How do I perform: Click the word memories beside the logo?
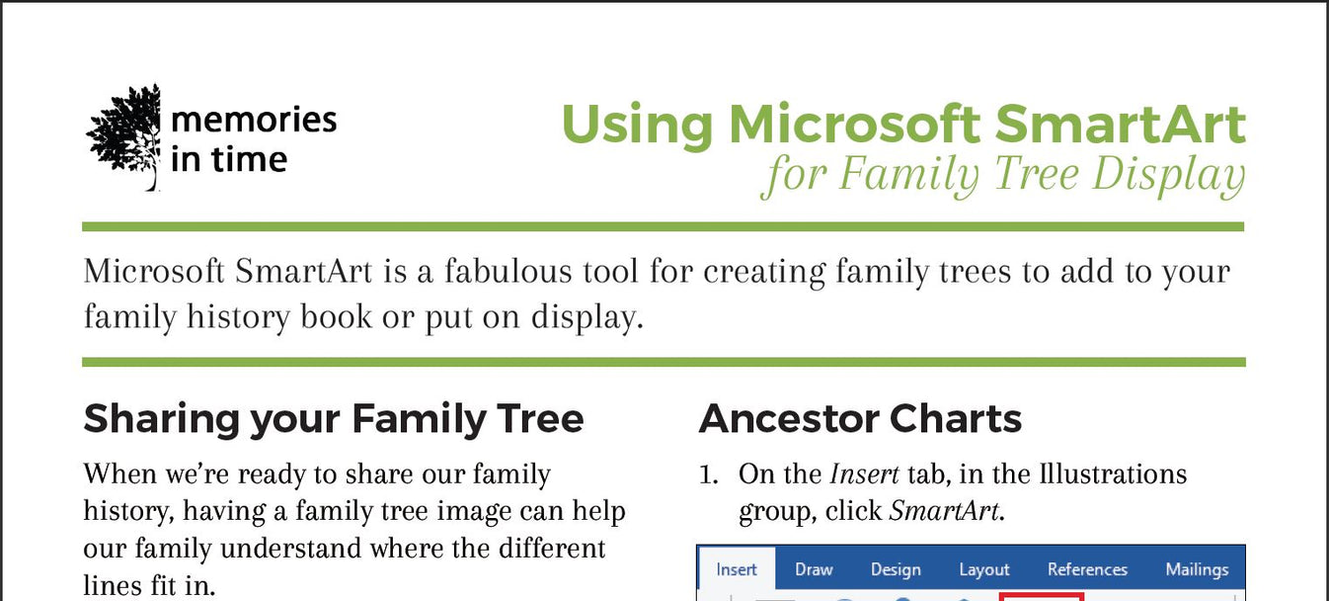[x=254, y=121]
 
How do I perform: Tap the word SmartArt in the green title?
[x=1120, y=125]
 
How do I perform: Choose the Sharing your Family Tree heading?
[x=334, y=419]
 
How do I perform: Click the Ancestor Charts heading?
[x=860, y=419]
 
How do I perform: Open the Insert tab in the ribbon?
[x=737, y=569]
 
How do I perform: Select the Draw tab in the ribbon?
[x=814, y=569]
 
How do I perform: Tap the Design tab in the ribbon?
[x=896, y=569]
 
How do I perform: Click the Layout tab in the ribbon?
[x=984, y=569]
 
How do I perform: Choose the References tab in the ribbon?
[x=1087, y=569]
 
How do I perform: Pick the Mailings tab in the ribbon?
[x=1197, y=569]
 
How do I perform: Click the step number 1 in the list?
[x=708, y=474]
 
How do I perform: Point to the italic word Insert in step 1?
[x=864, y=474]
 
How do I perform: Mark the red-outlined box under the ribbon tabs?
[x=1042, y=596]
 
